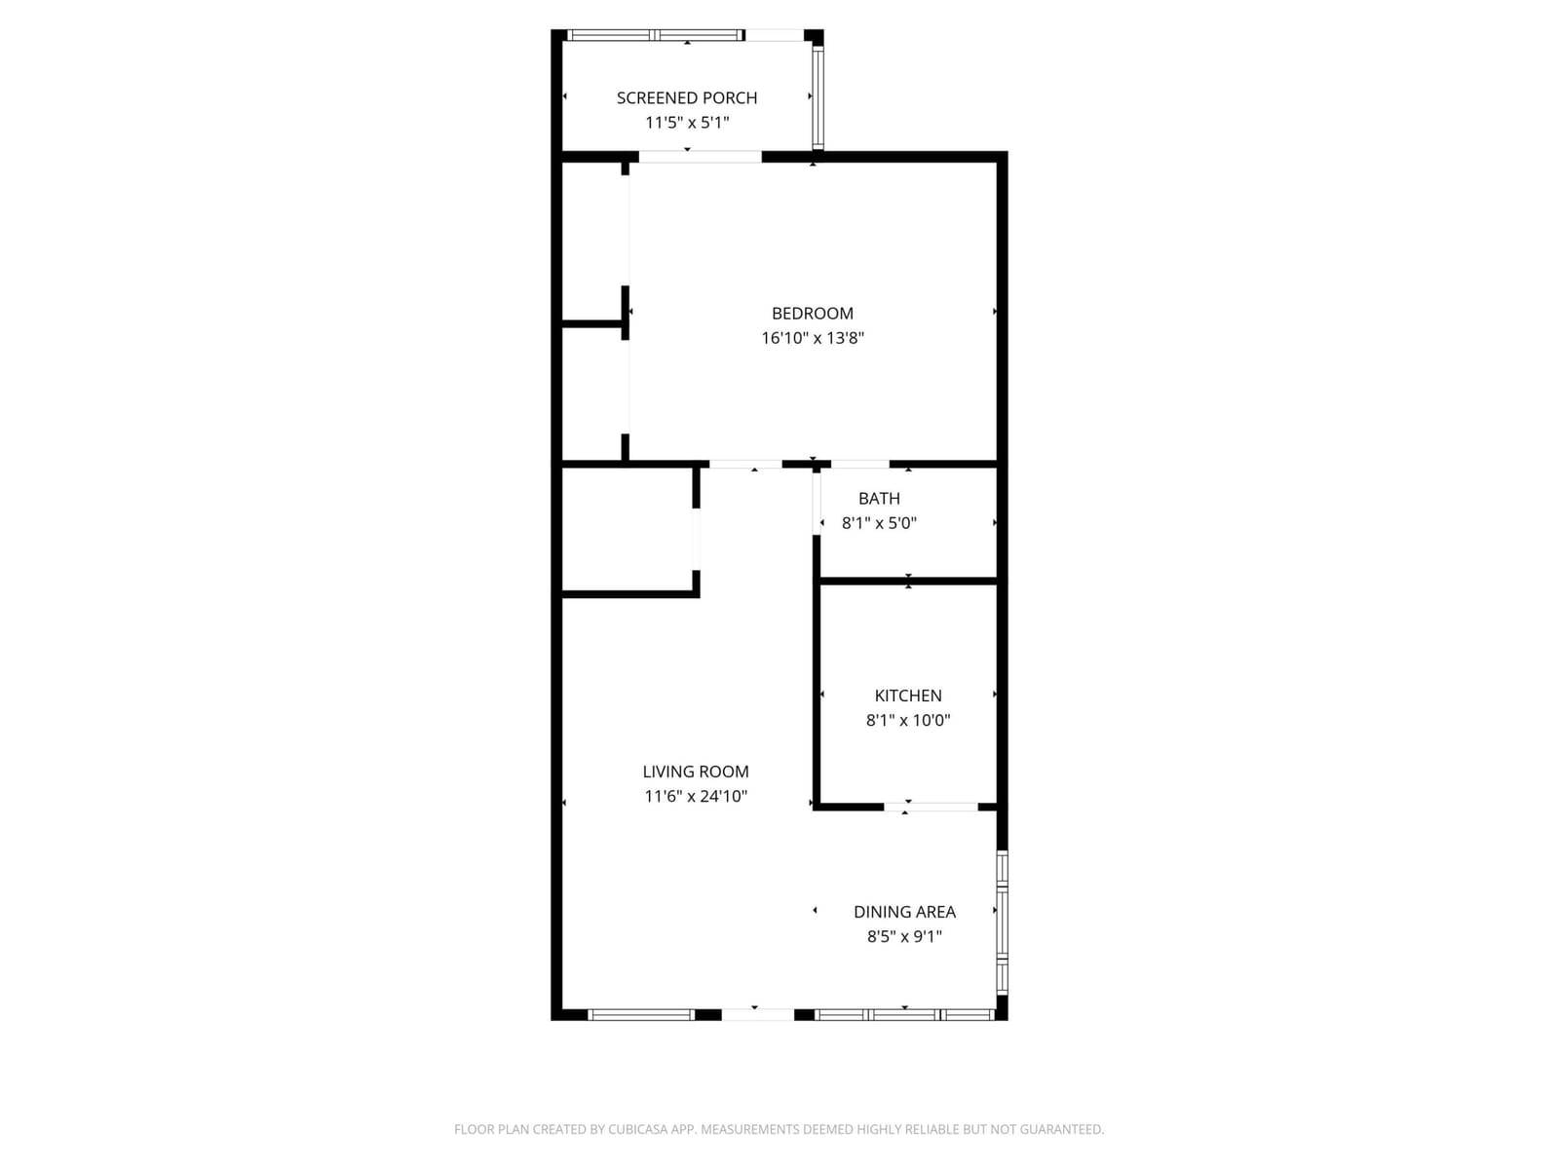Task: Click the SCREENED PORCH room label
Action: click(686, 98)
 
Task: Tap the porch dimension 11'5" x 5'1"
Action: click(686, 123)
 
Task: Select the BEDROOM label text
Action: click(812, 313)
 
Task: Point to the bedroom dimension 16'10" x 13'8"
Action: click(812, 338)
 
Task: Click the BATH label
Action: click(879, 498)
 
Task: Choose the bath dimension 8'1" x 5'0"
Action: click(879, 523)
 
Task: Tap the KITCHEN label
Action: click(908, 696)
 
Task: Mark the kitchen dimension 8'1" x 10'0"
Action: click(908, 721)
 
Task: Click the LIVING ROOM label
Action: click(696, 772)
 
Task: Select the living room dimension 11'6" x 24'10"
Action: click(696, 796)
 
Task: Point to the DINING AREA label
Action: click(904, 912)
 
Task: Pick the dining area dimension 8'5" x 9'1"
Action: click(904, 936)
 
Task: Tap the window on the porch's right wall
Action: click(818, 97)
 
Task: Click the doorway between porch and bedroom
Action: click(700, 157)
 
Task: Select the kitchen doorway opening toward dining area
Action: click(931, 807)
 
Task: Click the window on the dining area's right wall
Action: click(1002, 922)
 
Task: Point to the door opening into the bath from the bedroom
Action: click(859, 465)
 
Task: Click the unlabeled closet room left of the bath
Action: click(627, 529)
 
